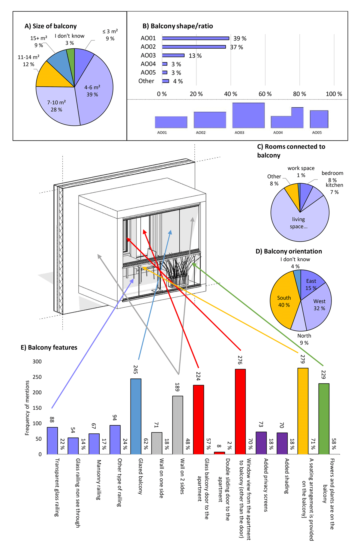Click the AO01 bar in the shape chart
[x=195, y=38]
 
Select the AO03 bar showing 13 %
[x=173, y=56]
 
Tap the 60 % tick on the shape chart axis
[x=265, y=94]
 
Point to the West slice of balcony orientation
[x=318, y=305]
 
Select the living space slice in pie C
[x=298, y=222]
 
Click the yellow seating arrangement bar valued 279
[x=303, y=411]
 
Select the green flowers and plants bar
[x=324, y=419]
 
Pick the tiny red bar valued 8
[x=219, y=453]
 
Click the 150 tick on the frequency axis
[x=37, y=408]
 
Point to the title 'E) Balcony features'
[x=49, y=348]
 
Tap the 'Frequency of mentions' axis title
[x=27, y=408]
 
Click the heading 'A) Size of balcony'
[x=50, y=26]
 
